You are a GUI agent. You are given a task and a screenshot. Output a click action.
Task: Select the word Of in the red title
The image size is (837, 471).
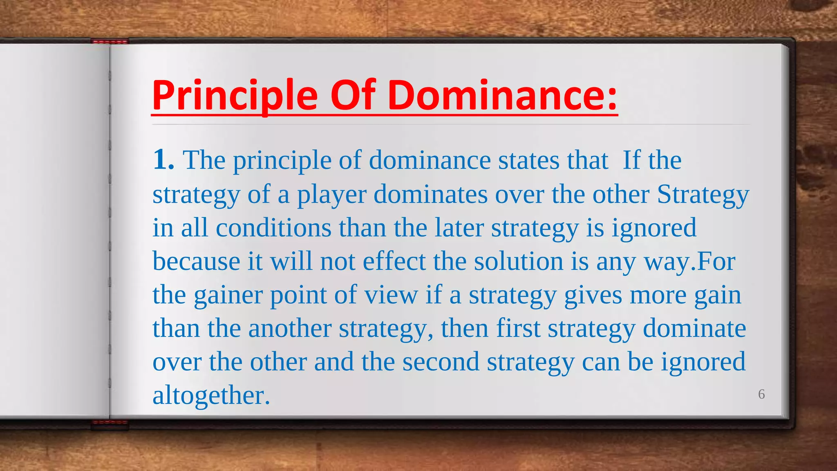353,96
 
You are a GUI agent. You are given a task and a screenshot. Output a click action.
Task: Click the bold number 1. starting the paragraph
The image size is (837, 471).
163,159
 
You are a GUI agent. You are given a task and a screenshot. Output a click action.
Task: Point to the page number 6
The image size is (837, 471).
761,394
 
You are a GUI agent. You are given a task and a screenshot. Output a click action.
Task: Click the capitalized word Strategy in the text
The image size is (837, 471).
703,194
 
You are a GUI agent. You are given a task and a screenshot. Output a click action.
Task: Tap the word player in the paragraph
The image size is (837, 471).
331,195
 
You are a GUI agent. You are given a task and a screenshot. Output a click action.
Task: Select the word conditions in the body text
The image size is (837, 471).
273,228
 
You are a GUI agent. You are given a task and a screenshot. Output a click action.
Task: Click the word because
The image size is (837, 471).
196,261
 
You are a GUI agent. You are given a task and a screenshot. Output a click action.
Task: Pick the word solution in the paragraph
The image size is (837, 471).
519,261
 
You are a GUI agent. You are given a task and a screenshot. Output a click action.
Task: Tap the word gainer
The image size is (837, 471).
228,295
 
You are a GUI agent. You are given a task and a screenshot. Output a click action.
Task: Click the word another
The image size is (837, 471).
290,329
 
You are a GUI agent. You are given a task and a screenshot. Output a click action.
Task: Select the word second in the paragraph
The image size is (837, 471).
441,362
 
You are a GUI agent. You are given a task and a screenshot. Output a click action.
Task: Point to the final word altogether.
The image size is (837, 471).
211,396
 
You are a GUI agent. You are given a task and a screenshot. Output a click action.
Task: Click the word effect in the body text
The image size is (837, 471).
394,261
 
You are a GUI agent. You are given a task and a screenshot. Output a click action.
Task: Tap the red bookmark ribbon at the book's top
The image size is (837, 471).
110,41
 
